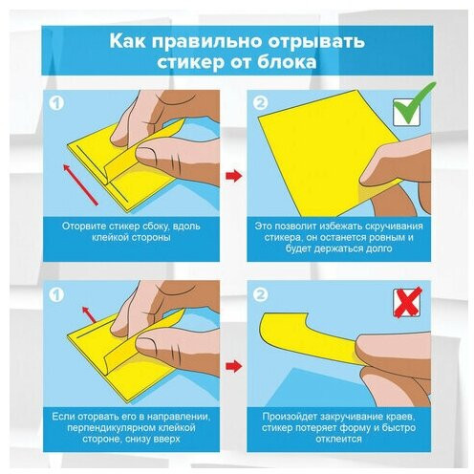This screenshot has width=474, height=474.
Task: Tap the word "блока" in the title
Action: tap(287, 62)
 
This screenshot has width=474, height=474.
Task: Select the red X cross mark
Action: tap(407, 302)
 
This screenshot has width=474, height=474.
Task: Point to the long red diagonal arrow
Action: tap(80, 184)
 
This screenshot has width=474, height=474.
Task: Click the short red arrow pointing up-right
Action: tap(89, 314)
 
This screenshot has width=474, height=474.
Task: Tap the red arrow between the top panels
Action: tap(234, 176)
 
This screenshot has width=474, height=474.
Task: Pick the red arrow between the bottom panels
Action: tap(234, 366)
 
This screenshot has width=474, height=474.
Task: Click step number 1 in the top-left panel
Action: tap(56, 103)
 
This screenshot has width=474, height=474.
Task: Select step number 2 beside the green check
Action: tap(261, 102)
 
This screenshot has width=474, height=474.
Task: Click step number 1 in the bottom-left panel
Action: tap(56, 294)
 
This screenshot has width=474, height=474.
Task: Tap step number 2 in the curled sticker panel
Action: tap(261, 294)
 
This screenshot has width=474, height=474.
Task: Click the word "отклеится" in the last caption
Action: tap(338, 439)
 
